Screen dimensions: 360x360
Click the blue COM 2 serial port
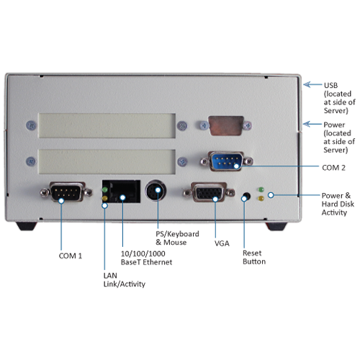click(x=226, y=161)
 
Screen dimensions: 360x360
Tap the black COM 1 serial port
click(x=66, y=192)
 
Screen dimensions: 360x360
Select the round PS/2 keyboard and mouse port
click(x=156, y=191)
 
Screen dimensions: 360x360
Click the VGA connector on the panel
click(x=209, y=192)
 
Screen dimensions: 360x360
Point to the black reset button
click(x=246, y=197)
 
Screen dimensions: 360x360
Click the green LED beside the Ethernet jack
click(x=105, y=189)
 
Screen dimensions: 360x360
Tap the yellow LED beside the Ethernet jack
click(x=105, y=199)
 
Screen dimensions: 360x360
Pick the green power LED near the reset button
click(x=261, y=189)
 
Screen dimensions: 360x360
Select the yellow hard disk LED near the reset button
click(x=261, y=199)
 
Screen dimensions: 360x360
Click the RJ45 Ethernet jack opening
click(x=125, y=192)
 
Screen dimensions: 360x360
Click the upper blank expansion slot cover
click(x=107, y=125)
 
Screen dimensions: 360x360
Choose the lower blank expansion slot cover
click(x=107, y=162)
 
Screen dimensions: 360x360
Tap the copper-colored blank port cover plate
click(x=226, y=125)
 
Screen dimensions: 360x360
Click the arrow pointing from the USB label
click(x=312, y=84)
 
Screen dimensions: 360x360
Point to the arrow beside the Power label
click(x=312, y=124)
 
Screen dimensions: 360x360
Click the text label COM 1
click(x=71, y=256)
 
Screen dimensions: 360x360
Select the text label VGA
click(x=222, y=243)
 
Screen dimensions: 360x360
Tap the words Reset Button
click(x=254, y=257)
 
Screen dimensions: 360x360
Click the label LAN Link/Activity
click(x=125, y=279)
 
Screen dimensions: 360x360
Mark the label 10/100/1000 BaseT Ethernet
click(x=146, y=258)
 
